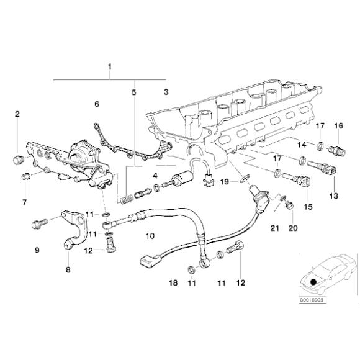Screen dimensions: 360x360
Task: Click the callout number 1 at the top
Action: coord(110,66)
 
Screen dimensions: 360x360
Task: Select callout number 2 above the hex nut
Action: coord(17,114)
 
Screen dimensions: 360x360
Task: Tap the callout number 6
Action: coord(96,104)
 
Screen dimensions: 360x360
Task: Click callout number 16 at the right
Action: coord(339,126)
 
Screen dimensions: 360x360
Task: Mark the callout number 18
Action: coord(173,282)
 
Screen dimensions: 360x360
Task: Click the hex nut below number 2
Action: coord(17,162)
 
